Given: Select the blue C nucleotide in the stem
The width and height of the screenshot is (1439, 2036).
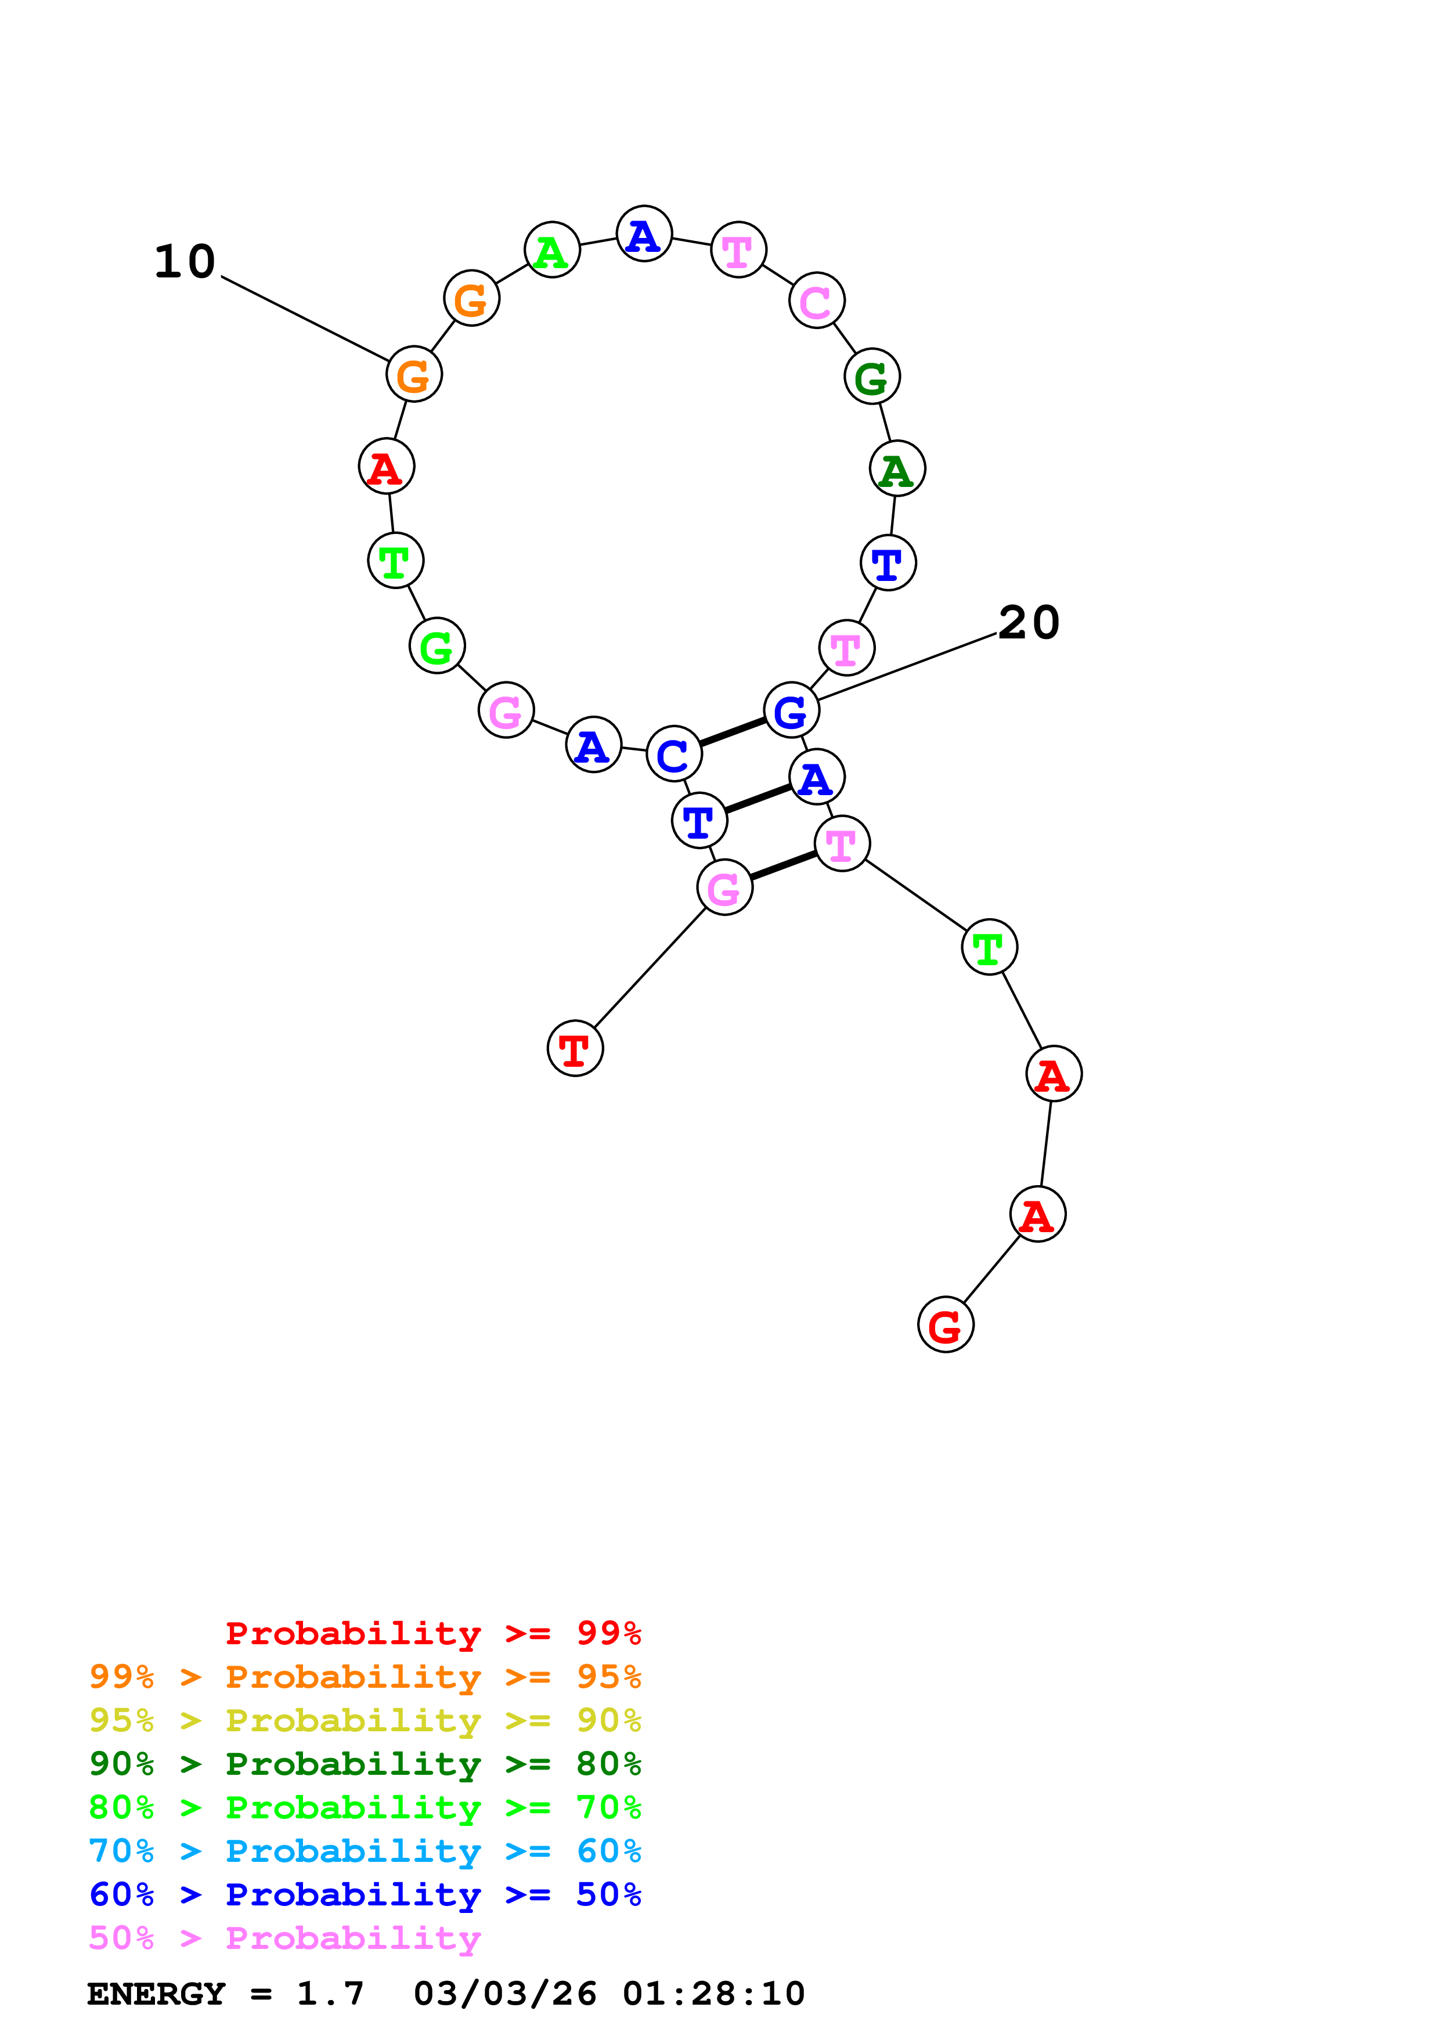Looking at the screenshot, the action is (x=674, y=754).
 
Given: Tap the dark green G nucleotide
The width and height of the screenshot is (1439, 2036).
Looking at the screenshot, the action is (x=871, y=376).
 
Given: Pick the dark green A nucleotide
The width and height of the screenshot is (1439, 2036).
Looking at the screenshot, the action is (x=897, y=468).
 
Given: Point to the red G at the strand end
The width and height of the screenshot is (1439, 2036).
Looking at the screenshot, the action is (x=945, y=1325).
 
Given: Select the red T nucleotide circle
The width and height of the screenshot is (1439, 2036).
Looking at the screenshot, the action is (x=575, y=1048).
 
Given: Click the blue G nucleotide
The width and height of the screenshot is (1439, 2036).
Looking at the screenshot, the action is (x=791, y=710).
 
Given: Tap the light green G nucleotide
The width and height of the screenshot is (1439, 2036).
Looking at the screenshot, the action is (x=436, y=647).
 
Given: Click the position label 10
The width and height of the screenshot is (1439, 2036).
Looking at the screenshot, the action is (x=185, y=262).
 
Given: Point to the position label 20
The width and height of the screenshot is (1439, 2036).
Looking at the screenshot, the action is (x=1029, y=623).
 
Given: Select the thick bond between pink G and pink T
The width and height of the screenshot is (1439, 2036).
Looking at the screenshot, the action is (x=783, y=865).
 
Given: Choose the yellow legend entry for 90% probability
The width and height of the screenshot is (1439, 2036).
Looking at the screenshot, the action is (x=365, y=1720).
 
